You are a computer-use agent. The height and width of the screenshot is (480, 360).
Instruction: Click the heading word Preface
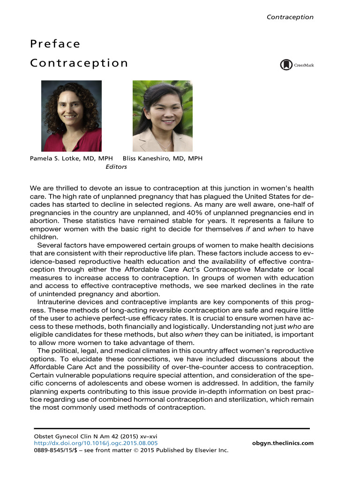[55, 44]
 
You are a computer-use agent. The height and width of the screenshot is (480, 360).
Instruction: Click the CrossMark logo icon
[286, 65]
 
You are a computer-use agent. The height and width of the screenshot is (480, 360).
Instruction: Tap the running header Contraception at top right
[290, 17]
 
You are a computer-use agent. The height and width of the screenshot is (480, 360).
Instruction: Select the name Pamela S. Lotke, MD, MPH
[68, 158]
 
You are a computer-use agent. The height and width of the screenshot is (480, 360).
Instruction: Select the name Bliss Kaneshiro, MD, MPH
[162, 158]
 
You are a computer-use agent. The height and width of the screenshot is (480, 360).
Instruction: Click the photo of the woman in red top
[71, 116]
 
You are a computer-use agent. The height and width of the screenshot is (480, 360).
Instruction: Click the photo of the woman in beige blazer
[162, 116]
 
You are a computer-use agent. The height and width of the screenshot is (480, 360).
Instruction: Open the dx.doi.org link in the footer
[93, 443]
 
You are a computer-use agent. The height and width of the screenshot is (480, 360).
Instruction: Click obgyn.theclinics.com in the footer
[282, 443]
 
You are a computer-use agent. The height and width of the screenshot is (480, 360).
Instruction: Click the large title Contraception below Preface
[79, 63]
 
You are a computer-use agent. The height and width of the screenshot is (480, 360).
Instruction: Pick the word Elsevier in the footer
[204, 450]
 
